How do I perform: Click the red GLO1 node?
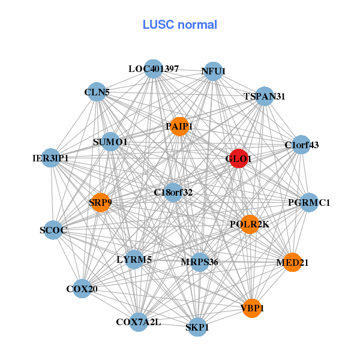click(x=239, y=159)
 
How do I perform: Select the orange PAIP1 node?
click(x=179, y=126)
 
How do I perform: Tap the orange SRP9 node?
click(x=100, y=203)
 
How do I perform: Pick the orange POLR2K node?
click(x=249, y=224)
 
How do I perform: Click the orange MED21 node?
click(x=292, y=262)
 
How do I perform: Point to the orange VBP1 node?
click(x=252, y=308)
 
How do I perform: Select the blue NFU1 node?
click(x=213, y=71)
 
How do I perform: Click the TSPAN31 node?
click(x=265, y=96)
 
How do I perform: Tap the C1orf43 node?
click(x=301, y=145)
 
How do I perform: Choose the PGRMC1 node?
click(x=308, y=203)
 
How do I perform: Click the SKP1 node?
click(x=197, y=327)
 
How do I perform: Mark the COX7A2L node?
click(x=139, y=322)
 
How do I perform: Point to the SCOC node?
click(x=53, y=230)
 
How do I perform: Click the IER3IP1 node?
click(x=51, y=158)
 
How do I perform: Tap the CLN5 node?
click(x=97, y=92)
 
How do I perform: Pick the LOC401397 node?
click(x=154, y=69)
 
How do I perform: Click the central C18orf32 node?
click(x=173, y=193)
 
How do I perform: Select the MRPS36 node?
click(x=199, y=262)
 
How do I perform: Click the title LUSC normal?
click(x=180, y=25)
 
